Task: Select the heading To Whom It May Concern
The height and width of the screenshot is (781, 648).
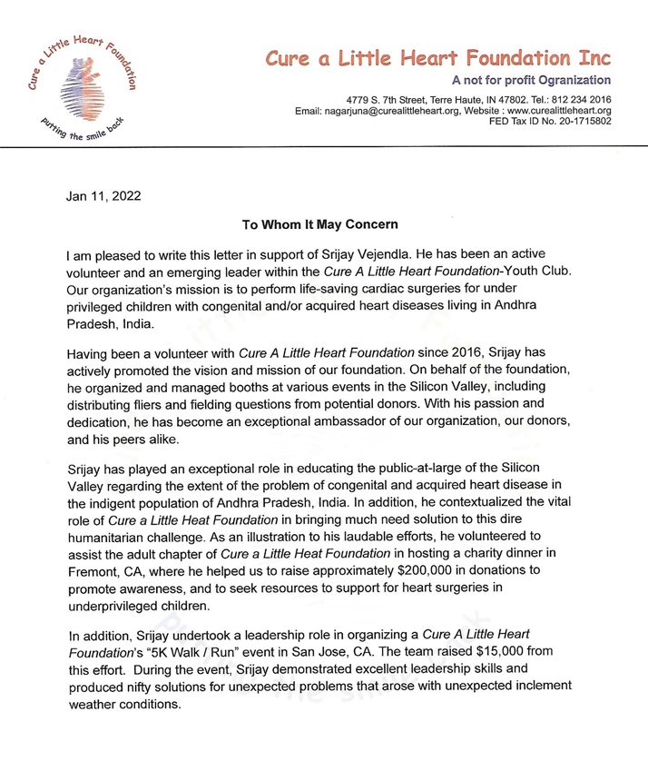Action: (x=323, y=222)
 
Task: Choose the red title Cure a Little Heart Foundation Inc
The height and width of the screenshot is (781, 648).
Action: (x=437, y=59)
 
